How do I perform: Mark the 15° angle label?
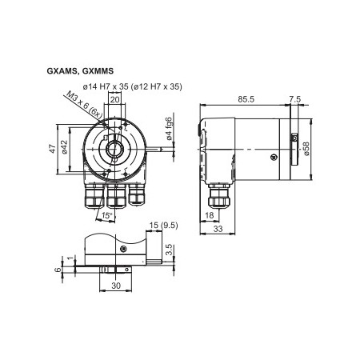106,215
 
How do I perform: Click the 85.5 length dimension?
246,99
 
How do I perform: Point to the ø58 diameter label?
306,149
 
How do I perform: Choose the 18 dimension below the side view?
209,215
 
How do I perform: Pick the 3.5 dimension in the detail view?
167,252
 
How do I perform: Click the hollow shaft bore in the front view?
113,146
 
